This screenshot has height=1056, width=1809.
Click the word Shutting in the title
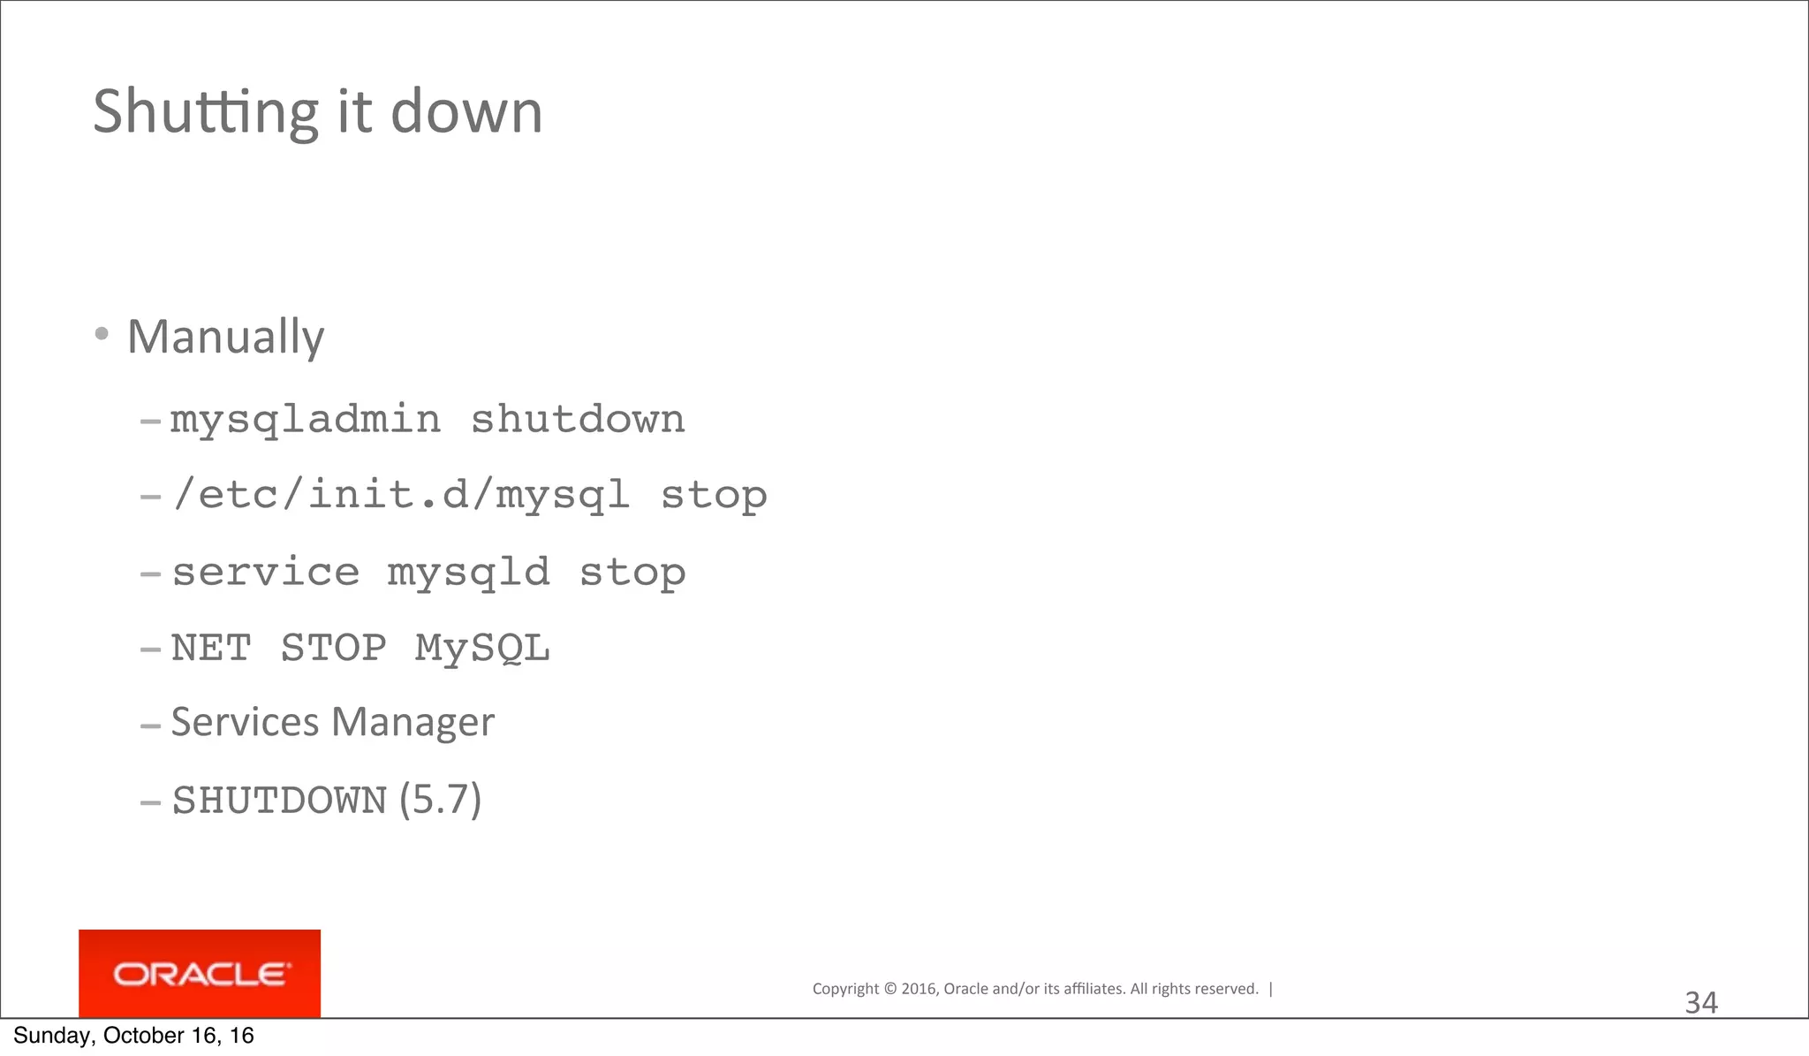(205, 112)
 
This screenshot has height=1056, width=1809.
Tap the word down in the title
(466, 112)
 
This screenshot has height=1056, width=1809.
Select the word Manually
(225, 337)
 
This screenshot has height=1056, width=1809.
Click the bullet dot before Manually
(102, 334)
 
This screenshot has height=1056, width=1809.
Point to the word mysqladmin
(305, 419)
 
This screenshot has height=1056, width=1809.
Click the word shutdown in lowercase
(578, 419)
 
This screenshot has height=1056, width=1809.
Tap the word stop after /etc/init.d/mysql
(714, 495)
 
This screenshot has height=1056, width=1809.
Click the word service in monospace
(266, 572)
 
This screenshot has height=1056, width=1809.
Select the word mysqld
(469, 572)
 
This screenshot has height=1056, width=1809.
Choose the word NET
(211, 648)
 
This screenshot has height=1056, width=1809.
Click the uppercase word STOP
(334, 648)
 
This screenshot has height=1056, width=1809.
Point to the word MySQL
(482, 648)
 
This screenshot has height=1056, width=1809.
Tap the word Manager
(413, 722)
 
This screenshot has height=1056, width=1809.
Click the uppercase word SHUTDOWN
(279, 801)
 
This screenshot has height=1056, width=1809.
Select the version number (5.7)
(440, 800)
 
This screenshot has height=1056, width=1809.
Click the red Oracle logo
(200, 974)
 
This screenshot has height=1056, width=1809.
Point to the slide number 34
(1701, 1003)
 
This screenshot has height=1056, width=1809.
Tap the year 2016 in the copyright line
(919, 989)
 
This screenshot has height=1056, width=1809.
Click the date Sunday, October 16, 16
(134, 1036)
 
